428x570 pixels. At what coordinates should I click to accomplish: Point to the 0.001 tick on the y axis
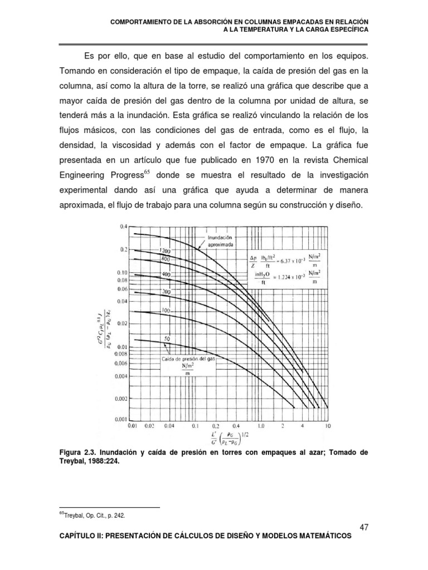tap(121, 418)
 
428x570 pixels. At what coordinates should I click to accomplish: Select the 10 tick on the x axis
tap(327, 426)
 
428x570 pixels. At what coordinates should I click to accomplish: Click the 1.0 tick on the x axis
tap(261, 426)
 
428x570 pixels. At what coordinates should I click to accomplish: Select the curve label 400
tap(166, 275)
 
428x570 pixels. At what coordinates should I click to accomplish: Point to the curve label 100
tap(166, 309)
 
